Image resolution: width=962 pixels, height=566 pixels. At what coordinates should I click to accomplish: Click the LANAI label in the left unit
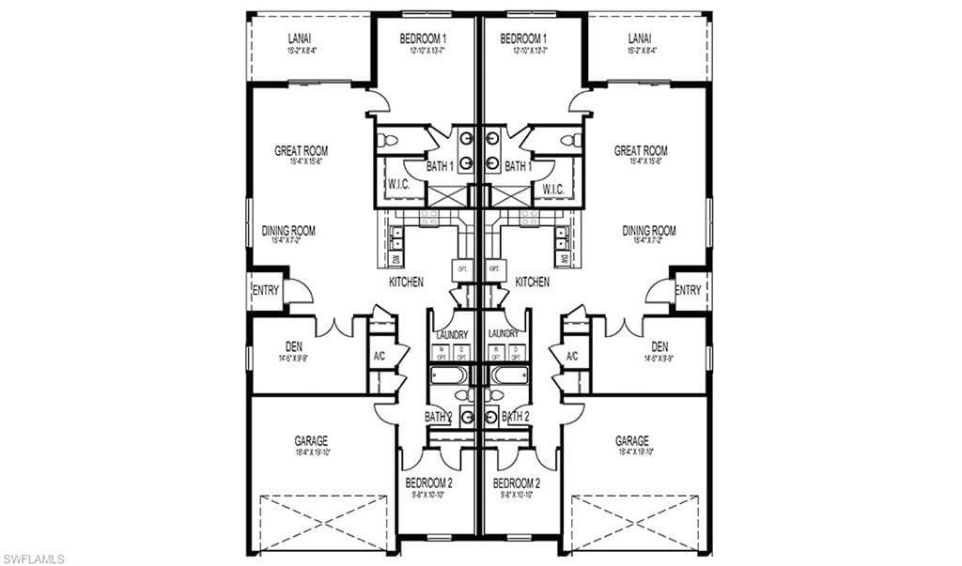[x=300, y=38]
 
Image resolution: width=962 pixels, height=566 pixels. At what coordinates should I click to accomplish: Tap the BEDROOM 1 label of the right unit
[x=523, y=38]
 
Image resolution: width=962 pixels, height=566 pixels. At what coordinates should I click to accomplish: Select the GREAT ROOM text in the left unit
[x=300, y=150]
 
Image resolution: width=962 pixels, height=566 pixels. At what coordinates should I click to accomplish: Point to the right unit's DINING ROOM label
[x=648, y=230]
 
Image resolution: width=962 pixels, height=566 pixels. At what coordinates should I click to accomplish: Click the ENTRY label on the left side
[x=265, y=291]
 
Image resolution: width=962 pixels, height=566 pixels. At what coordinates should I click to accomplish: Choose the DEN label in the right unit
[x=659, y=346]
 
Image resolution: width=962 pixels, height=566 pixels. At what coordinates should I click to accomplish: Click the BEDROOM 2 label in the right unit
[x=517, y=483]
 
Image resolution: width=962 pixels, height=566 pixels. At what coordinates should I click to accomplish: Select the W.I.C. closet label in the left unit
[x=397, y=186]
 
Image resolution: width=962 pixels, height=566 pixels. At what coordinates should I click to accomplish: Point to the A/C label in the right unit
[x=571, y=356]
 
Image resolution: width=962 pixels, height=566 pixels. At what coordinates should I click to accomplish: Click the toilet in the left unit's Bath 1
[x=387, y=141]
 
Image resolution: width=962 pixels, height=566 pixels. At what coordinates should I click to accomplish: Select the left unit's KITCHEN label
[x=406, y=282]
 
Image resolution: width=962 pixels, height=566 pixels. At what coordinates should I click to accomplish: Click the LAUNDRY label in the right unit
[x=504, y=333]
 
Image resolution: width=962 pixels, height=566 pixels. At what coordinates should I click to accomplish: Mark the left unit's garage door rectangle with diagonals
[x=323, y=522]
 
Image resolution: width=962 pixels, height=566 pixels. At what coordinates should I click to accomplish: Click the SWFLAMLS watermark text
[x=34, y=558]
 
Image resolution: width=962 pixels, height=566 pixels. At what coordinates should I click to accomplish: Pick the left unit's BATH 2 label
[x=438, y=416]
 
